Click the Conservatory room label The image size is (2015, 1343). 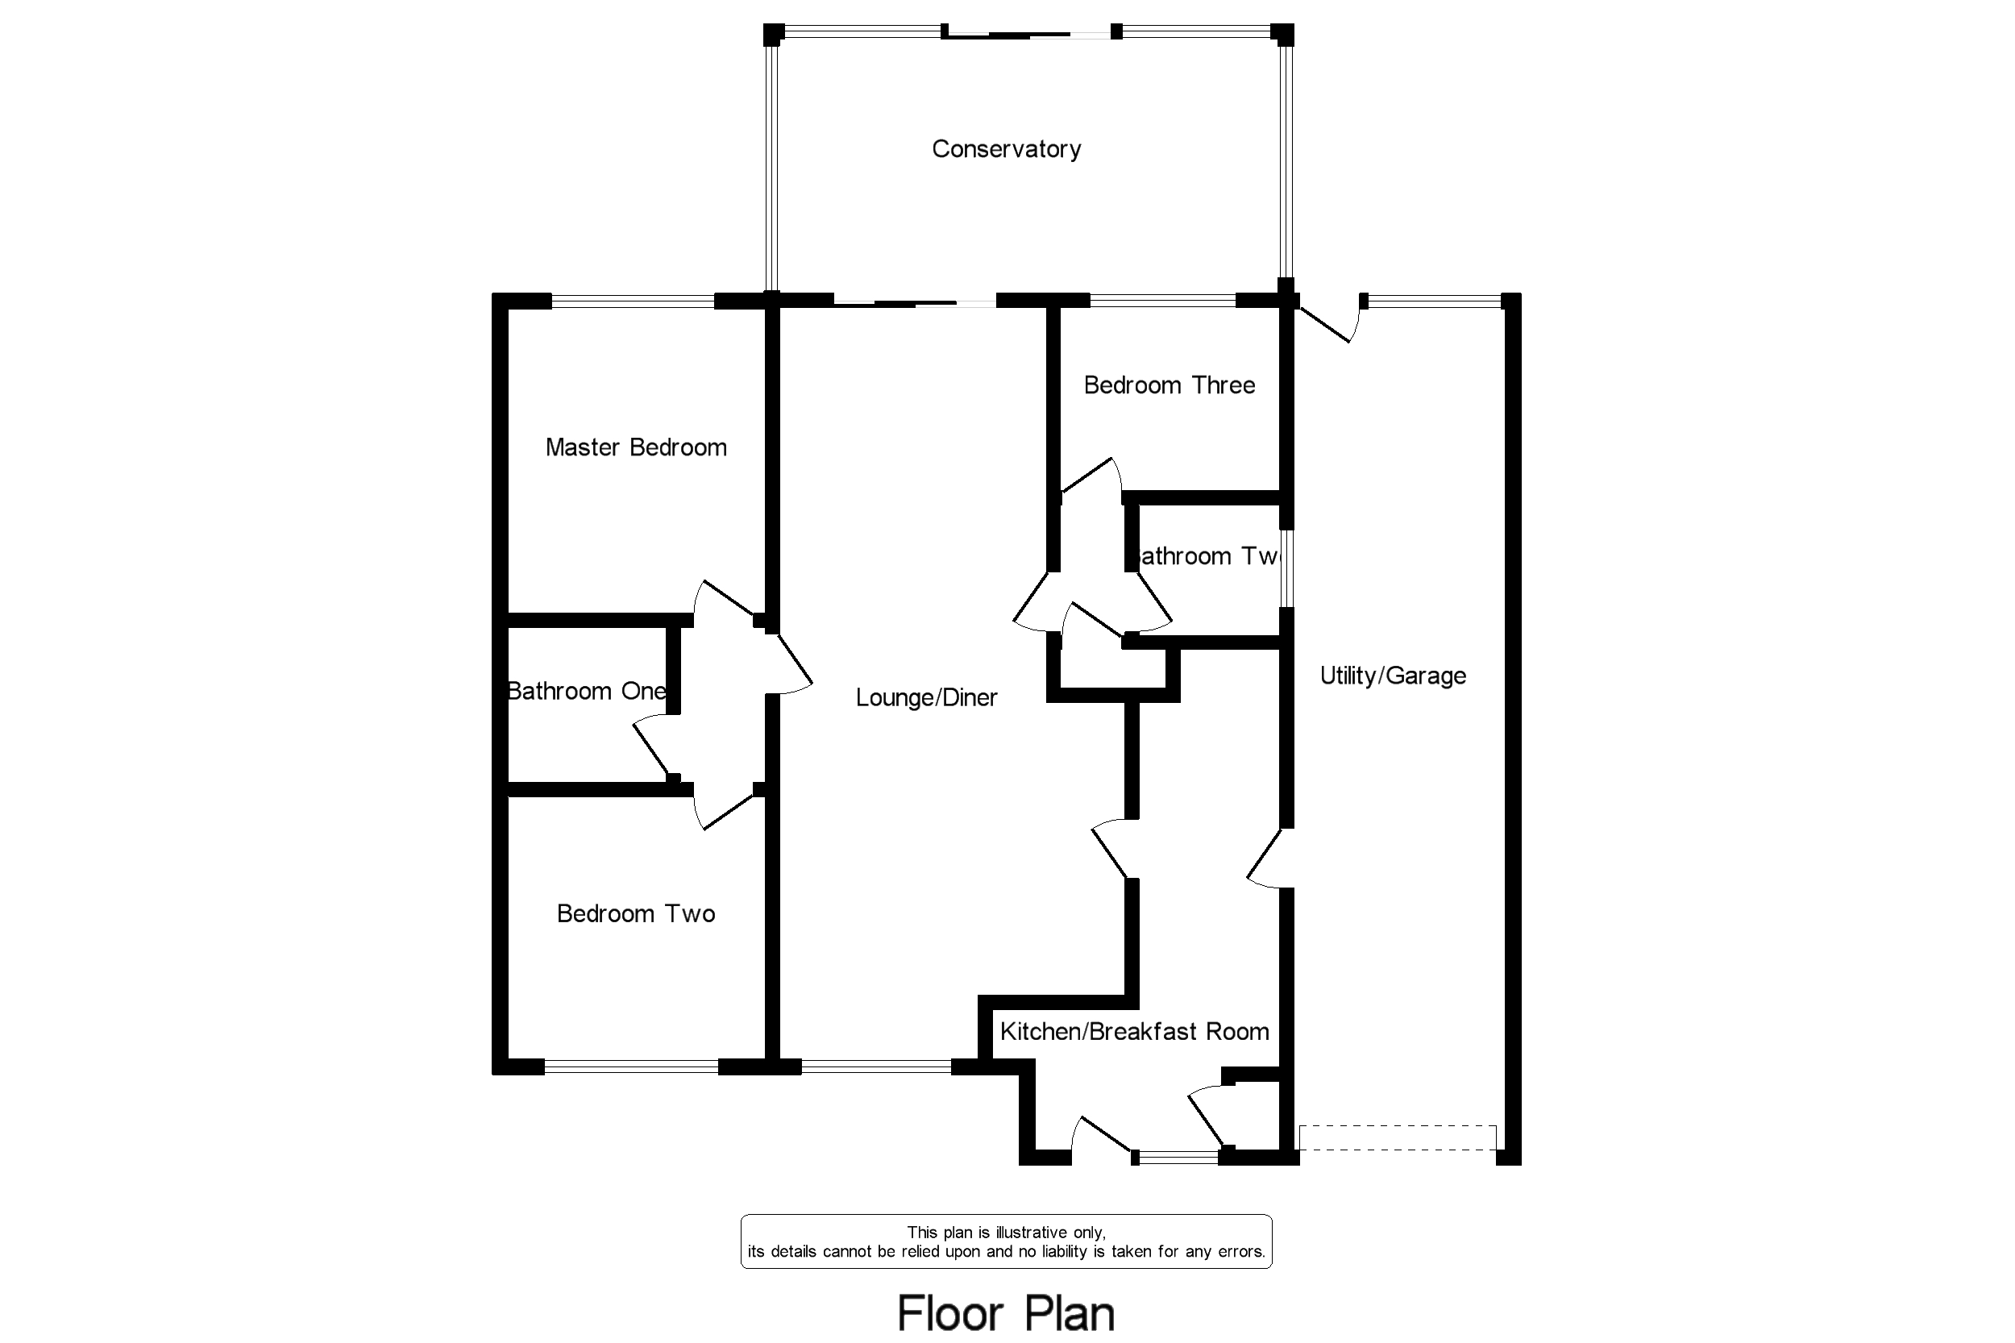[1005, 149]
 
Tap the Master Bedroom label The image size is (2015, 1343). [635, 447]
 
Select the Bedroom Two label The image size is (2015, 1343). [635, 914]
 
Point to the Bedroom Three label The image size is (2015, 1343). [1169, 385]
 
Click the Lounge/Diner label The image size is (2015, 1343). [926, 697]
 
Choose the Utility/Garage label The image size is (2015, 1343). [1393, 676]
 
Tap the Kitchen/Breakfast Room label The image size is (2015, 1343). [1134, 1031]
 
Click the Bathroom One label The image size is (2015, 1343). [586, 691]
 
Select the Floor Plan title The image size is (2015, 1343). [1005, 1313]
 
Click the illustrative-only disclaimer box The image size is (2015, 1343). [1005, 1241]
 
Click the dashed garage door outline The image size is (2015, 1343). [1397, 1137]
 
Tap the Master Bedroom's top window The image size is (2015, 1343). [632, 301]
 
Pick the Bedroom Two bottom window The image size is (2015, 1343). [630, 1066]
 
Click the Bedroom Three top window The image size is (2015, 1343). [1162, 301]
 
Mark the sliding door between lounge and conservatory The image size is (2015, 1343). [915, 302]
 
